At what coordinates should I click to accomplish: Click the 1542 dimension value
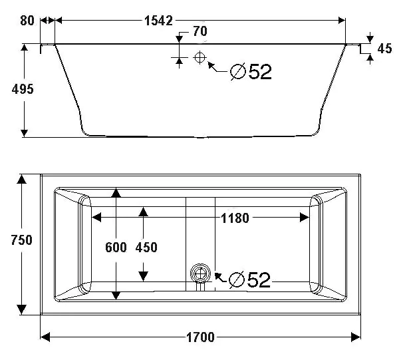(x=161, y=21)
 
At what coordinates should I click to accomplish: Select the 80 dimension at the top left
(x=27, y=21)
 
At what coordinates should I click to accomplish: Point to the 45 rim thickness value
(x=384, y=49)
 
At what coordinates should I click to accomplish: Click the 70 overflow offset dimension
(x=200, y=31)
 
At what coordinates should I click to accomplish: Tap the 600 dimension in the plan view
(x=116, y=248)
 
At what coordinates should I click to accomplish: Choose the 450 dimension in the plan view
(x=146, y=248)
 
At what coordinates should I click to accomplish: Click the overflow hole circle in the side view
(x=199, y=57)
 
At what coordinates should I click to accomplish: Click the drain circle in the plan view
(x=199, y=273)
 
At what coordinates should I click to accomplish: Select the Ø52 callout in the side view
(x=250, y=71)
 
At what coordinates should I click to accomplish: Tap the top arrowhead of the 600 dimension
(x=116, y=193)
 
